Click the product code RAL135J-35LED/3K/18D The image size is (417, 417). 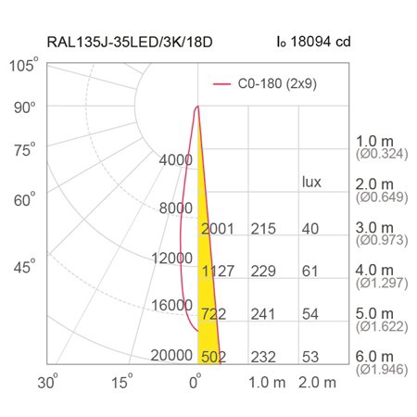tap(130, 42)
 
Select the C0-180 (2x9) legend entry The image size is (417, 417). tap(265, 83)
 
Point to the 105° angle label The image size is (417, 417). tap(23, 65)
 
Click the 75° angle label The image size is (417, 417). tap(25, 150)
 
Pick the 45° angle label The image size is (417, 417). tap(24, 266)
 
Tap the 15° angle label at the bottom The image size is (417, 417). tap(121, 382)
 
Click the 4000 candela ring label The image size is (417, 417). tap(176, 160)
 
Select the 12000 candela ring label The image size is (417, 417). tap(171, 258)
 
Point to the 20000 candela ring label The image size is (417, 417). tap(171, 355)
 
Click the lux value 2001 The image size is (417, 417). tap(218, 229)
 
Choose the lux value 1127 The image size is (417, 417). tap(218, 272)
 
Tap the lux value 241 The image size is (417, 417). tap(263, 314)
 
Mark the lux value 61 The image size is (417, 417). tap(310, 272)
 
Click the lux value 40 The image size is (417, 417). tap(310, 229)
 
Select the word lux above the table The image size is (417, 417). tap(311, 182)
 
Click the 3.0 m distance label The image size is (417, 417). tap(374, 228)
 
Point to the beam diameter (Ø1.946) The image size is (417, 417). tap(382, 370)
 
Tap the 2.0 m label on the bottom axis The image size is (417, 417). tap(317, 383)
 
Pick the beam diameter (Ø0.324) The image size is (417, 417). tap(382, 154)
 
